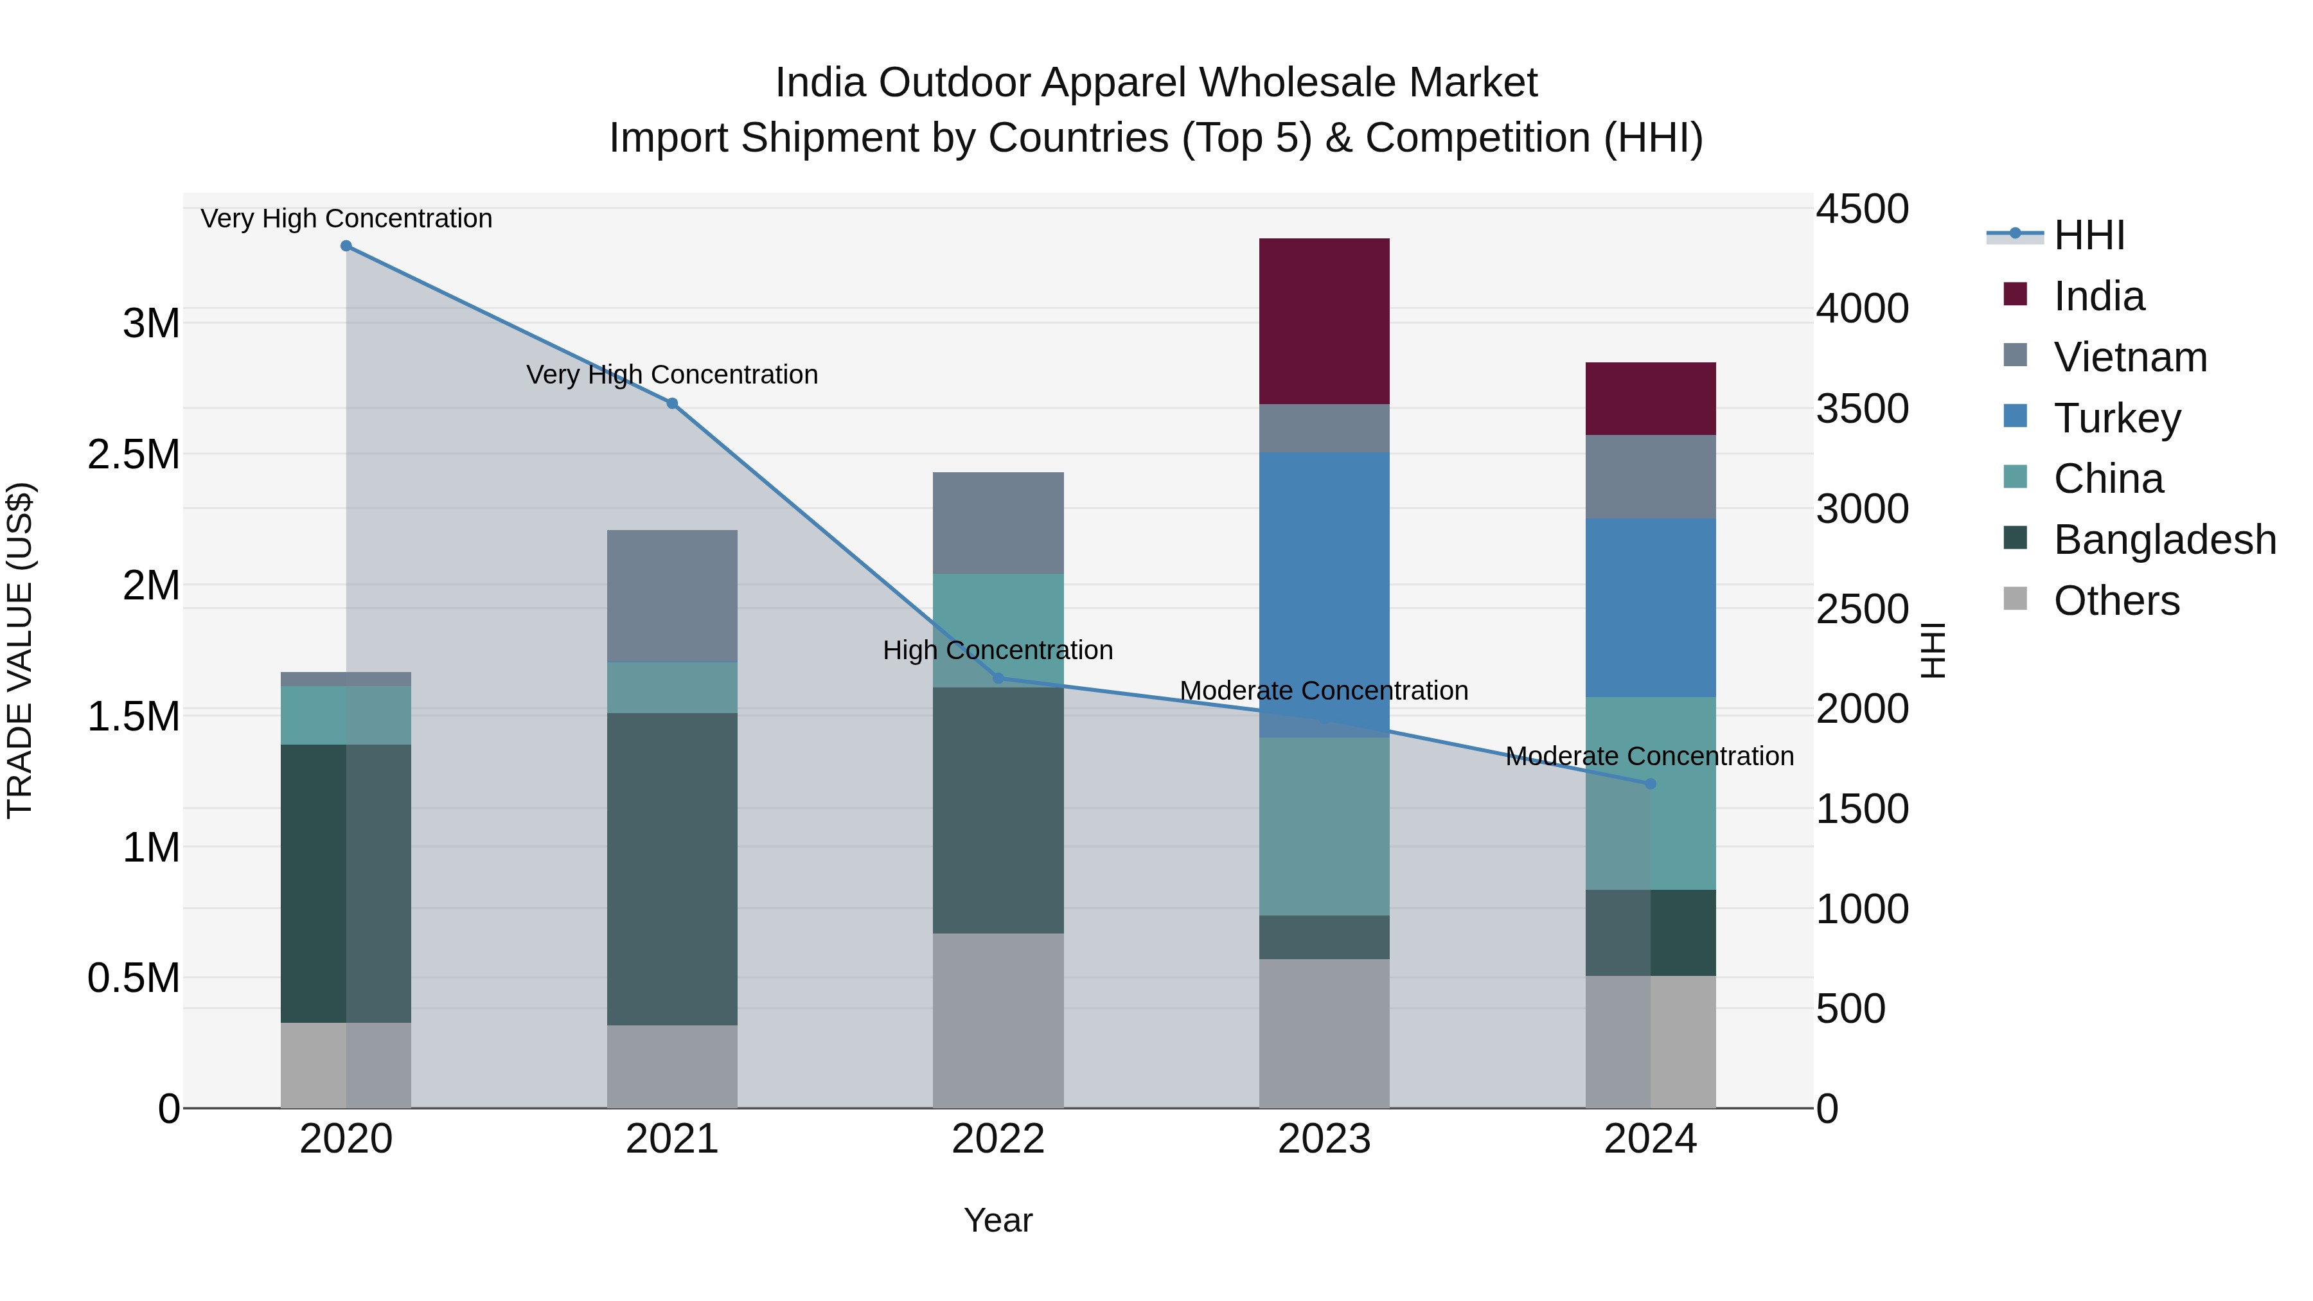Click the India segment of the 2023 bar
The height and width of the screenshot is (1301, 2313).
coord(1324,321)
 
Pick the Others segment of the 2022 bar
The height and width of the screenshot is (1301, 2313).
coord(998,1020)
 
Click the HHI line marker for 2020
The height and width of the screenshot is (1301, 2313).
coord(346,246)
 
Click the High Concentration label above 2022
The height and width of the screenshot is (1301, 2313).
coord(998,650)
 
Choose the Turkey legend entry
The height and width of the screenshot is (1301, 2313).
coord(2116,418)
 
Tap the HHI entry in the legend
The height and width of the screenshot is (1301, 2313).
coord(2089,235)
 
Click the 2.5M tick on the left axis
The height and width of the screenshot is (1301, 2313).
coord(134,454)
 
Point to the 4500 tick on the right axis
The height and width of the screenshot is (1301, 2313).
coord(1862,209)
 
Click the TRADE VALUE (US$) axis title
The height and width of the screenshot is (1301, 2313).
coord(20,650)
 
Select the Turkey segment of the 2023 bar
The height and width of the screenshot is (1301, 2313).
coord(1324,594)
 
